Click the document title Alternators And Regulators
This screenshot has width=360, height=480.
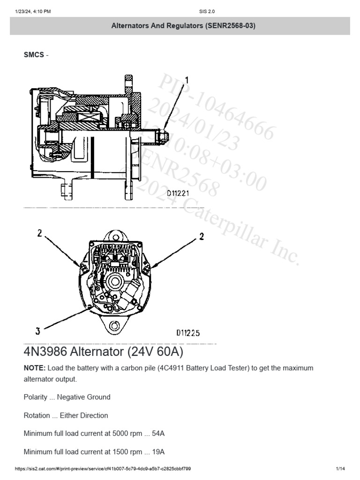tap(183, 26)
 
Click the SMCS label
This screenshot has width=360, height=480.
tap(33, 55)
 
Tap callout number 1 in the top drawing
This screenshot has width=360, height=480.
tap(187, 80)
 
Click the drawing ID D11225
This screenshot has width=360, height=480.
tap(188, 333)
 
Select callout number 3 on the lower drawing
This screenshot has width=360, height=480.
tap(37, 331)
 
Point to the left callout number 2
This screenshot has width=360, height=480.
tap(40, 233)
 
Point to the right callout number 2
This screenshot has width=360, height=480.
tap(202, 237)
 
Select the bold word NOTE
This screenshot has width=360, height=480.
tap(34, 368)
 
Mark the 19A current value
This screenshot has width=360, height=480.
tap(158, 452)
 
